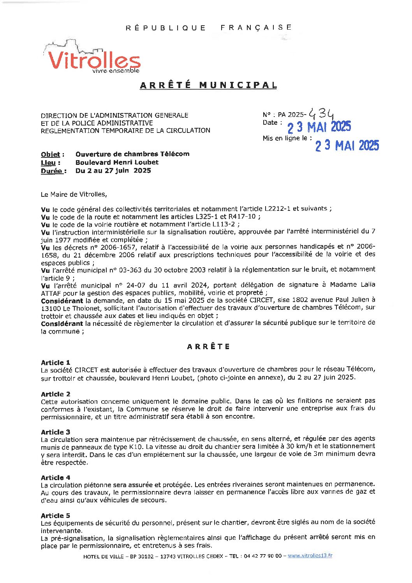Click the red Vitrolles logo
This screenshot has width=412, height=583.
[x=93, y=60]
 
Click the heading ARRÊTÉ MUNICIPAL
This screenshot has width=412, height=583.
[x=208, y=85]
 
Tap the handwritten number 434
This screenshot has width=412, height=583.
[x=322, y=113]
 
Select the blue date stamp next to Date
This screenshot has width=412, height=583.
[x=319, y=127]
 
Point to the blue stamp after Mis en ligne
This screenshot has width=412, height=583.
[x=347, y=146]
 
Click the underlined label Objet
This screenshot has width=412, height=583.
[x=51, y=154]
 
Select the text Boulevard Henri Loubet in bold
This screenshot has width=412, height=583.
[x=117, y=163]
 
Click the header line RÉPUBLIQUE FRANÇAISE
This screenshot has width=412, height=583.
[x=208, y=28]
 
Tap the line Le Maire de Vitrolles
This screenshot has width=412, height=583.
[x=74, y=194]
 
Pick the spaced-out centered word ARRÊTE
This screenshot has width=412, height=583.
[x=208, y=346]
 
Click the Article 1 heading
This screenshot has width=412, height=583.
[x=55, y=362]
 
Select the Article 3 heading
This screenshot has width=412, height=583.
[x=55, y=432]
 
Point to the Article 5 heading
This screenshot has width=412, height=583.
[x=55, y=516]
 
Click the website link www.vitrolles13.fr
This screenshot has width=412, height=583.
[x=310, y=556]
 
